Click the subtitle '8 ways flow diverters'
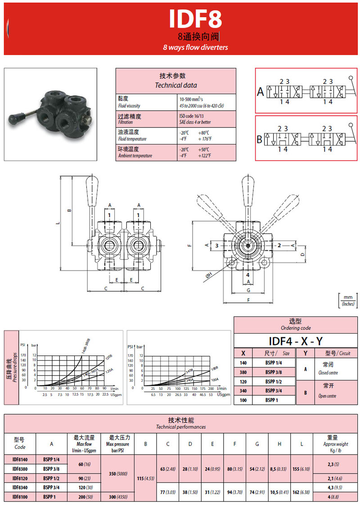[x=195, y=47]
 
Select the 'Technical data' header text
[x=175, y=85]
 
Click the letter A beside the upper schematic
[x=260, y=92]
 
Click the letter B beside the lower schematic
[x=259, y=140]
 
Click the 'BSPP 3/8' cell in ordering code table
[x=274, y=372]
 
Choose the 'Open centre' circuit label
[x=327, y=396]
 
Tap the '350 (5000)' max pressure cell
[x=118, y=473]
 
